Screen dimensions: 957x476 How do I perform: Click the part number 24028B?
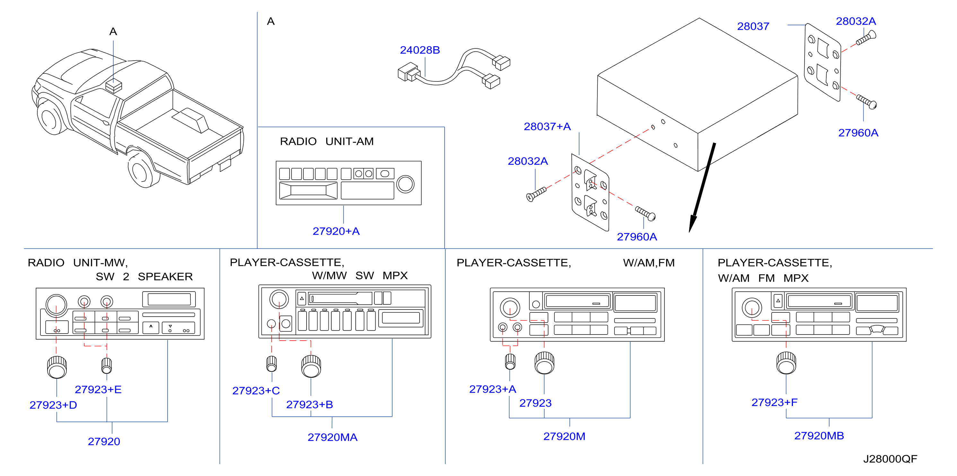pyautogui.click(x=420, y=50)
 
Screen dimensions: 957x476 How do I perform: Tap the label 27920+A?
pyautogui.click(x=336, y=231)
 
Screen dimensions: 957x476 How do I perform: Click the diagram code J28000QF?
pyautogui.click(x=890, y=459)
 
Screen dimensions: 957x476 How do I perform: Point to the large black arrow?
pyautogui.click(x=702, y=188)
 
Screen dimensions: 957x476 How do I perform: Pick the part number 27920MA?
pyautogui.click(x=333, y=438)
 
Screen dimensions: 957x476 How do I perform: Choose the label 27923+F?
pyautogui.click(x=774, y=403)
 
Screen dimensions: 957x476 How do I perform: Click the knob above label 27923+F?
pyautogui.click(x=786, y=363)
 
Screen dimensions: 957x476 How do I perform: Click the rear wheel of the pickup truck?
pyautogui.click(x=142, y=170)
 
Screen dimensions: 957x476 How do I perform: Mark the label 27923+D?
pyautogui.click(x=53, y=405)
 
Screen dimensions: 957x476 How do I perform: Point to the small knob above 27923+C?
pyautogui.click(x=272, y=363)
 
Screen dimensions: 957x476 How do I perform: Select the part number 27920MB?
pyautogui.click(x=819, y=436)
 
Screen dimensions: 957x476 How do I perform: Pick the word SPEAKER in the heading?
pyautogui.click(x=165, y=276)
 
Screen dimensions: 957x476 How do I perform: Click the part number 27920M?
pyautogui.click(x=564, y=437)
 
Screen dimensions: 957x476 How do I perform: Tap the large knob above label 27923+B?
pyautogui.click(x=311, y=366)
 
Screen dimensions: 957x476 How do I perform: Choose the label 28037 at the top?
pyautogui.click(x=753, y=26)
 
